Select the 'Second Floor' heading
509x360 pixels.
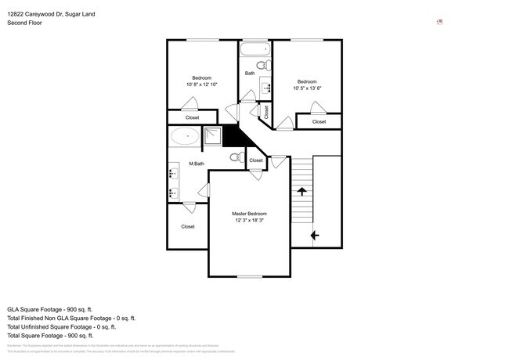click(24, 23)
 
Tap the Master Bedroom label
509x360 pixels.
click(249, 214)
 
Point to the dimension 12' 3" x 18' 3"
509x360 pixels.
click(249, 221)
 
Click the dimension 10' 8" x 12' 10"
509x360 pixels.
click(202, 85)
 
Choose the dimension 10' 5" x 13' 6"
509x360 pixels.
click(306, 88)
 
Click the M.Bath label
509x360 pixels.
click(197, 164)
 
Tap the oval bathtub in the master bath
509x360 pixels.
click(186, 137)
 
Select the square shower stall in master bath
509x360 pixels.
click(213, 137)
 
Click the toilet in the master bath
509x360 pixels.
click(236, 157)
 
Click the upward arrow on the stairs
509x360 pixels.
click(301, 190)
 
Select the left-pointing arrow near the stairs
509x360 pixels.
click(314, 234)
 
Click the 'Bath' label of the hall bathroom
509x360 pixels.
click(250, 74)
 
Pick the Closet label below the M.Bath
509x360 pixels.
click(188, 227)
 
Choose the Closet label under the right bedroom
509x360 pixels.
click(319, 121)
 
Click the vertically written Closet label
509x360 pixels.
click(266, 112)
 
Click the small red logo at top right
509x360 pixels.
click(439, 22)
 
